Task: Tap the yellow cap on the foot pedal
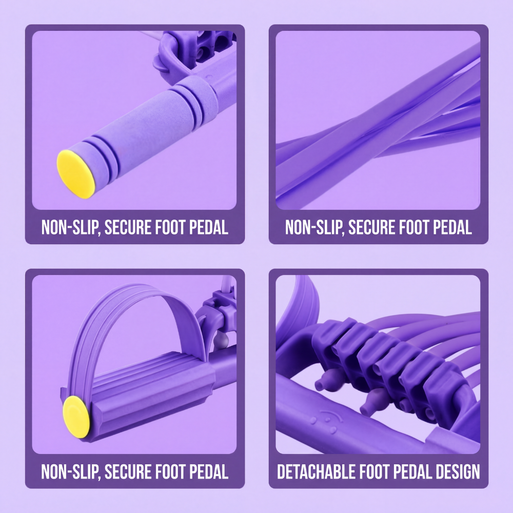pos(75,417)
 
